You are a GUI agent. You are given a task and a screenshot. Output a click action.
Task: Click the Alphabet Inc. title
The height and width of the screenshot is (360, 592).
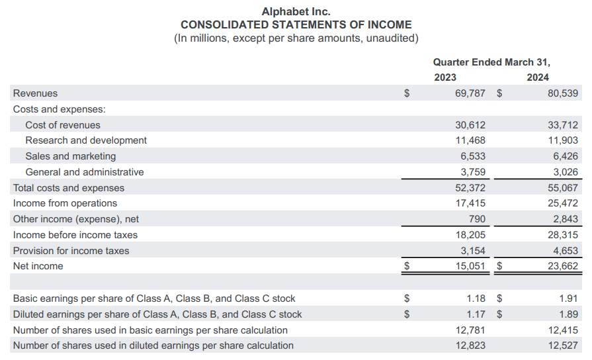[296, 11]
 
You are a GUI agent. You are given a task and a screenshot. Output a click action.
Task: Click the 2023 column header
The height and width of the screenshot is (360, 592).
[445, 77]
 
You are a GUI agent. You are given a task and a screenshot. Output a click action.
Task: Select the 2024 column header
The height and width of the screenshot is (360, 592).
[538, 77]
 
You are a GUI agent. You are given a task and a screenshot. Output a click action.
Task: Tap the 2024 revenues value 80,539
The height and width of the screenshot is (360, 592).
[563, 93]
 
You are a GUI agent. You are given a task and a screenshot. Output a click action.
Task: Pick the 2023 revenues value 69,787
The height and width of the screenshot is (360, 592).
[470, 93]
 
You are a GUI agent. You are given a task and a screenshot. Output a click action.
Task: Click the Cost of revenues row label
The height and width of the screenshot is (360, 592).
[63, 125]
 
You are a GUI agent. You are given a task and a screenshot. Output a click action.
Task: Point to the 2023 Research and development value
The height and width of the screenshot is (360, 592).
[470, 140]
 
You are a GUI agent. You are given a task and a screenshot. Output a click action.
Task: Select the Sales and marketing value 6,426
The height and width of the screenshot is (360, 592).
[564, 156]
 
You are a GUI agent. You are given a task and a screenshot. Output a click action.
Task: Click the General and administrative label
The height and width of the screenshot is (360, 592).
[84, 172]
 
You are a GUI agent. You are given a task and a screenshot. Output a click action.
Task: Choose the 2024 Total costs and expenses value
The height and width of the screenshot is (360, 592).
[563, 188]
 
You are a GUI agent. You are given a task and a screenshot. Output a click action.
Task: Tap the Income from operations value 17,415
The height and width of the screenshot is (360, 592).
[470, 203]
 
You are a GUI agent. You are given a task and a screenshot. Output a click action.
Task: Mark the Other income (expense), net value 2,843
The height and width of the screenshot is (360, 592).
[564, 219]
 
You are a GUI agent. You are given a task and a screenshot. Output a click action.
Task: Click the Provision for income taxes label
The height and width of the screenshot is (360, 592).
[71, 251]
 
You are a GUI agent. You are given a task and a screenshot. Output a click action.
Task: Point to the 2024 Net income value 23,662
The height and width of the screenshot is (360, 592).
[563, 266]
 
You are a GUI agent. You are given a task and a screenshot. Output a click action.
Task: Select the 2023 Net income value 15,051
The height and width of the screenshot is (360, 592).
[470, 266]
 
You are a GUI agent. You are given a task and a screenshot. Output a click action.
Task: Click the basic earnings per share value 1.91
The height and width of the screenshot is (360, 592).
[569, 298]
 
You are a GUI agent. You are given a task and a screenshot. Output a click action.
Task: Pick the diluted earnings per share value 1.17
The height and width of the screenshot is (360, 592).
[476, 314]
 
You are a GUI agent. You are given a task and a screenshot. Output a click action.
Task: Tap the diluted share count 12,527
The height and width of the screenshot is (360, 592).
[563, 345]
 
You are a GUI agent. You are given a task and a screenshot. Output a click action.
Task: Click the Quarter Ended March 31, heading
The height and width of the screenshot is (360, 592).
[491, 62]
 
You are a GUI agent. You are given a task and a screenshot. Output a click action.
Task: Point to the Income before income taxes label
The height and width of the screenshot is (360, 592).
[75, 235]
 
